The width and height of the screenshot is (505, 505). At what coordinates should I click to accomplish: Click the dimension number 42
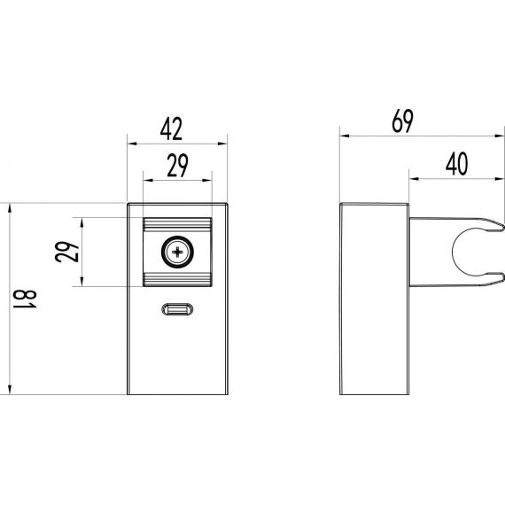[x=171, y=128]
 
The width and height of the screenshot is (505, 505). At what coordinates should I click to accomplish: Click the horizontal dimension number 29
[x=177, y=166]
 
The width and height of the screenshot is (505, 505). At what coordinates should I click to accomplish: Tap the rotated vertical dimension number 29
[x=66, y=252]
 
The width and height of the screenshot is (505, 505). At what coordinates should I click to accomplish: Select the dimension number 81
[x=25, y=299]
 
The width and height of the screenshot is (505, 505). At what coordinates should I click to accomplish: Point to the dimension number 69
[x=402, y=121]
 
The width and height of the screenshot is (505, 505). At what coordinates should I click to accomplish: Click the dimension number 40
[x=456, y=164]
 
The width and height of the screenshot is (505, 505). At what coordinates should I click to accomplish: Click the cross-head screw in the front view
[x=177, y=252]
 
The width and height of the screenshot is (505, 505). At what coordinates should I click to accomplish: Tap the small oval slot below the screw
[x=177, y=309]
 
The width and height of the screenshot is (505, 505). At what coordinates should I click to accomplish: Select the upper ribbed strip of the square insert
[x=177, y=224]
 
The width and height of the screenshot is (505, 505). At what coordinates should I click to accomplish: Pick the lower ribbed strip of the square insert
[x=177, y=279]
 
